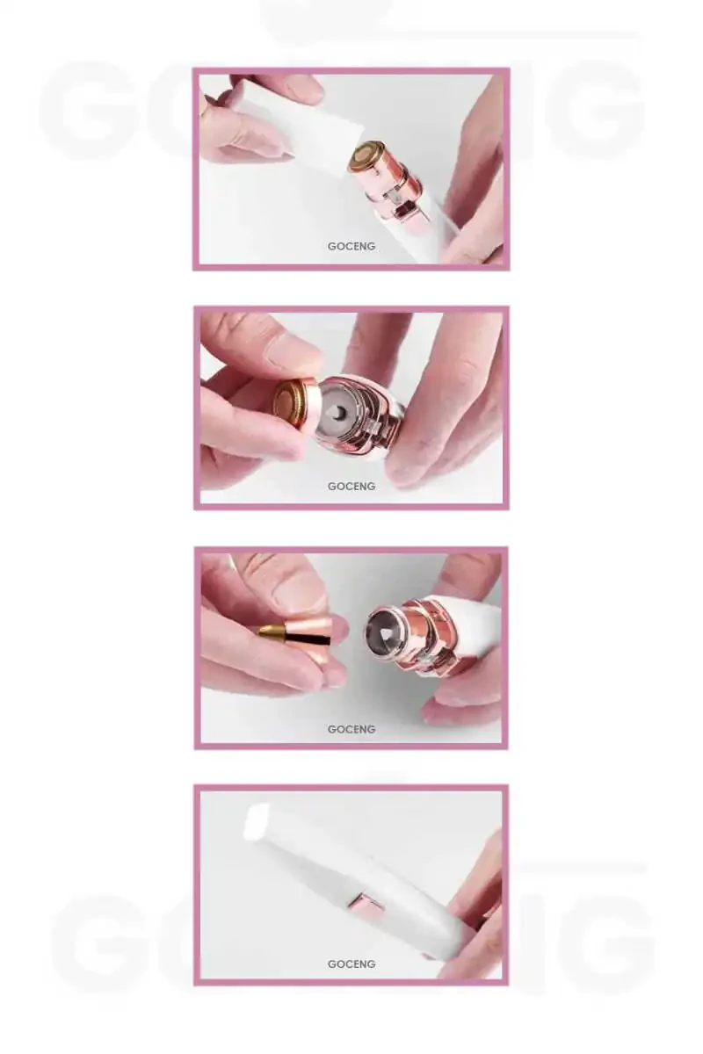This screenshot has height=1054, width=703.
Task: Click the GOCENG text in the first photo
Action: [x=351, y=246]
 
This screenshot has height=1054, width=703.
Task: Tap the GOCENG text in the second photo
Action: [x=351, y=486]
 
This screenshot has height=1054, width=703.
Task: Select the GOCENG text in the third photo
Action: [x=351, y=729]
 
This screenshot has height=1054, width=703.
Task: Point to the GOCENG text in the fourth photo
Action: [x=351, y=964]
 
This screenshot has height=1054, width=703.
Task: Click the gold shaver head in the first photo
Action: [x=365, y=154]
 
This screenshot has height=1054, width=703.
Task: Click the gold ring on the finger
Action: [x=204, y=110]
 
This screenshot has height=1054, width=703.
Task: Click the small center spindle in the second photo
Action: [x=339, y=413]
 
